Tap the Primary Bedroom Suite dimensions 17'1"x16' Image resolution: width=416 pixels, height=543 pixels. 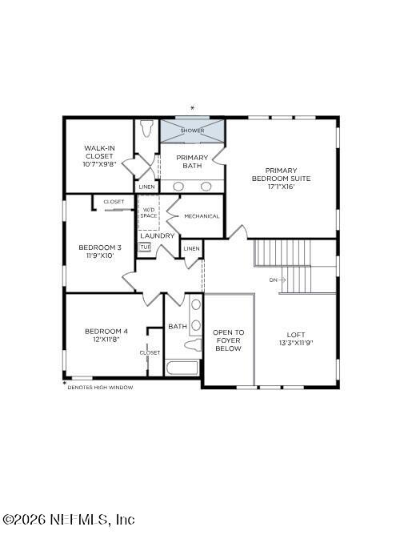click(x=281, y=187)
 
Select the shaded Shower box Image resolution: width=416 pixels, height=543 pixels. click(x=192, y=130)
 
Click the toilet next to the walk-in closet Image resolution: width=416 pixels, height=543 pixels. click(x=146, y=130)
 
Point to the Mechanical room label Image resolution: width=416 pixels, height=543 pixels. click(x=201, y=216)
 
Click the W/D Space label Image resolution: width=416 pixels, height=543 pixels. click(x=150, y=213)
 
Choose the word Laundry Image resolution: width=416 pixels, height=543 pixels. click(x=157, y=235)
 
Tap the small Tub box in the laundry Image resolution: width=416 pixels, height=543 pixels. click(x=145, y=247)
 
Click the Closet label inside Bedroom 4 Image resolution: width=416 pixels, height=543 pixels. click(x=150, y=352)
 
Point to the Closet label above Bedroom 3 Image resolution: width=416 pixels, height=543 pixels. click(x=114, y=202)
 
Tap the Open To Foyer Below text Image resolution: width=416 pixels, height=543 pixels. click(x=228, y=340)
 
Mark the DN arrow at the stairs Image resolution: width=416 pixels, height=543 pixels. click(x=277, y=280)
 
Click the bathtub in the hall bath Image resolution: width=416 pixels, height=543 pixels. click(x=183, y=368)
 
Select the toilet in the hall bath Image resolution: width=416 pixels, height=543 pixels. click(x=192, y=345)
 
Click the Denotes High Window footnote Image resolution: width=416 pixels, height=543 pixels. click(x=99, y=387)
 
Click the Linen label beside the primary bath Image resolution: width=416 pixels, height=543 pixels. click(x=146, y=187)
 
